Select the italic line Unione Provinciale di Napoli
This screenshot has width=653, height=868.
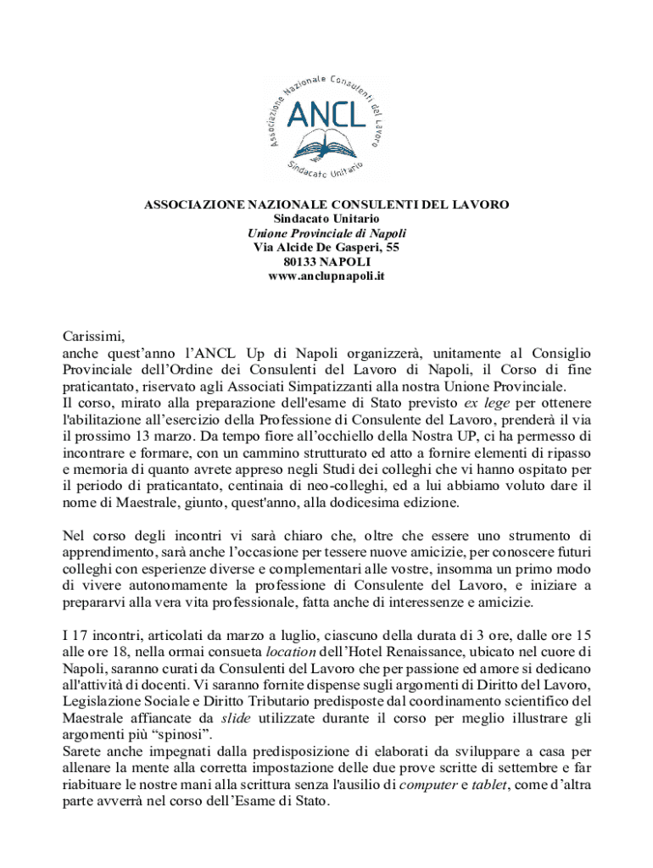[x=326, y=233]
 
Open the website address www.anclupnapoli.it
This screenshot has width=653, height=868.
[x=326, y=276]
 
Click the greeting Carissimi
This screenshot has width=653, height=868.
[x=94, y=337]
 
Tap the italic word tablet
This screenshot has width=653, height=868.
[x=486, y=785]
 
